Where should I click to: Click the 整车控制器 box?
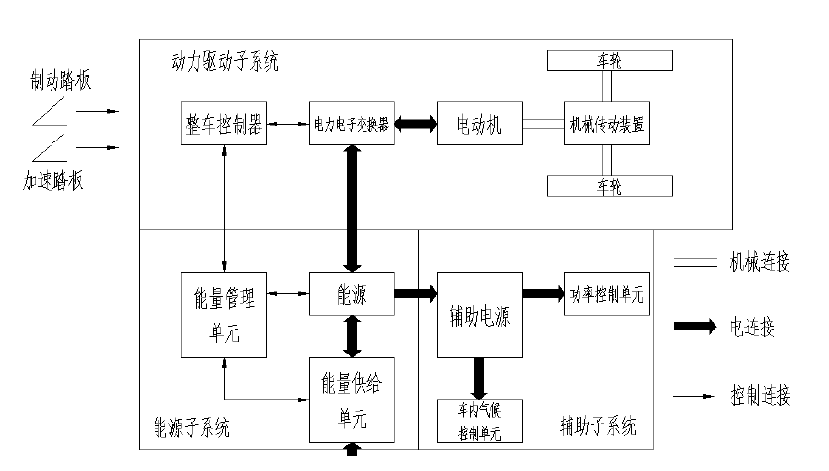[x=225, y=124]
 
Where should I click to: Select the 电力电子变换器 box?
[x=352, y=124]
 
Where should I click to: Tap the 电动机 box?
[x=479, y=124]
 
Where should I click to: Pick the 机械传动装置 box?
[x=608, y=124]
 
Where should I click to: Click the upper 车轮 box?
[x=608, y=61]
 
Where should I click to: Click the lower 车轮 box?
[x=608, y=185]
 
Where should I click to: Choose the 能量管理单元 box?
[x=225, y=313]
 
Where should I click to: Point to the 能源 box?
[x=352, y=294]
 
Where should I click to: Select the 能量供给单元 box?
[x=352, y=399]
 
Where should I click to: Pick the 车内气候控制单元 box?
[x=479, y=421]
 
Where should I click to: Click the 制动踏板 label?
[x=60, y=80]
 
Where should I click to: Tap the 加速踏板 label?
[x=53, y=181]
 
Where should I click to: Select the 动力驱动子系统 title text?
[x=225, y=62]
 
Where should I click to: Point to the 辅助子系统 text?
[x=597, y=427]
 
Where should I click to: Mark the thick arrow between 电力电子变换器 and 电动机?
[x=415, y=124]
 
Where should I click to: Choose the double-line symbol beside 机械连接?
[x=694, y=263]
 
